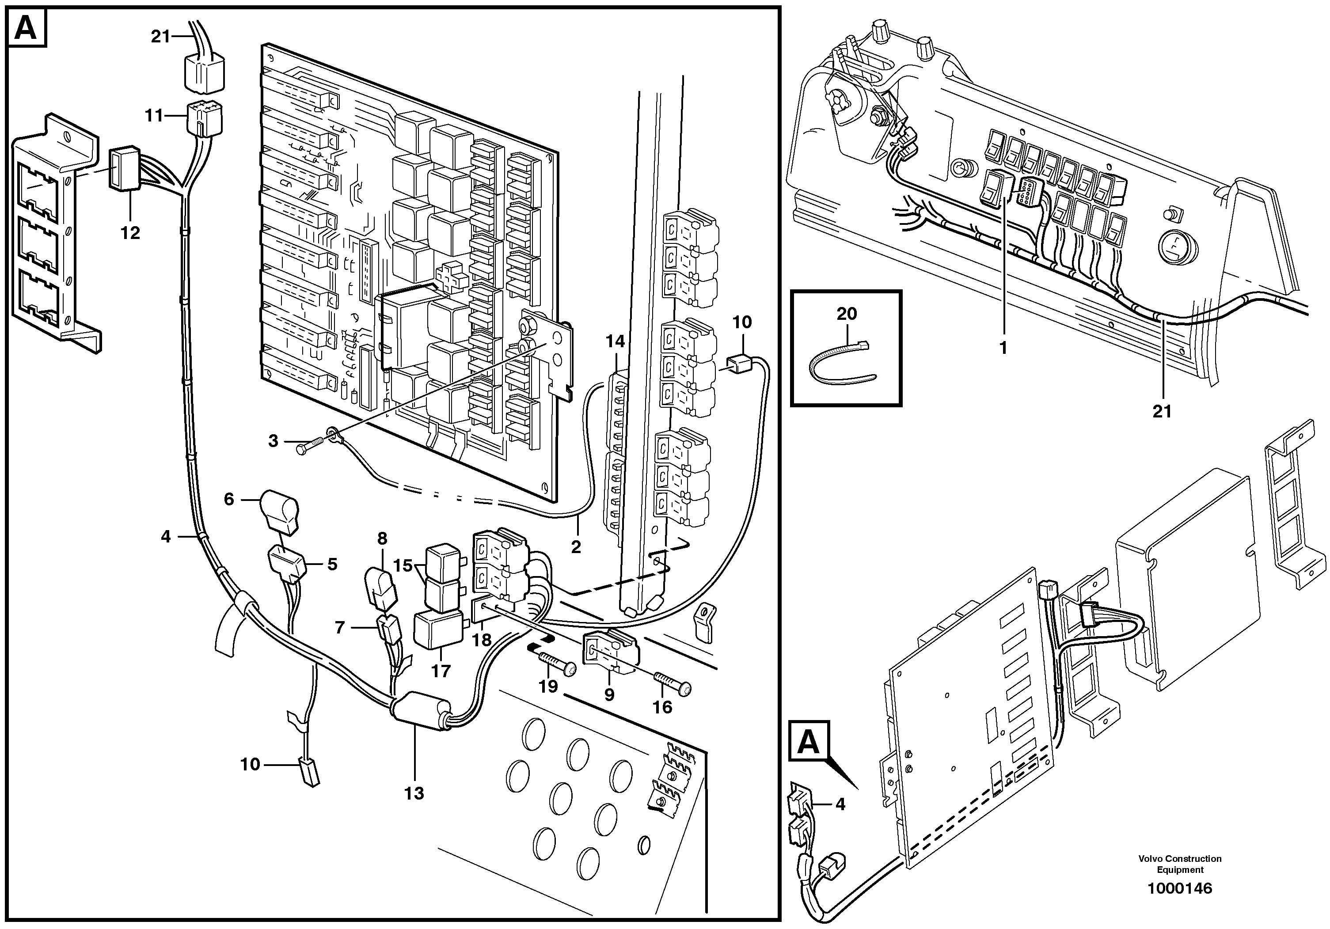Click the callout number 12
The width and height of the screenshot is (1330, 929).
tap(130, 233)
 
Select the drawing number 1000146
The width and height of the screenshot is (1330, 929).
tap(1179, 888)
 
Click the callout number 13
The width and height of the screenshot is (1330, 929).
tap(414, 793)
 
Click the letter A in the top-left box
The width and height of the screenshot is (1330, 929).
tap(27, 28)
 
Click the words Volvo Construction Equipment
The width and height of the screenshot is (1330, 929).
tap(1180, 864)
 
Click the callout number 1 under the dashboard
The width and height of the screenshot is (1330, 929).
tap(1003, 348)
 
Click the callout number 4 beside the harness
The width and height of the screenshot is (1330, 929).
tap(166, 537)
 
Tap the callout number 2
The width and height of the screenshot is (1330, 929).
tap(576, 547)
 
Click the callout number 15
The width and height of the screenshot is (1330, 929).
tap(403, 565)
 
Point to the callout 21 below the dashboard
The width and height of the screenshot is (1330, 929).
tap(1162, 412)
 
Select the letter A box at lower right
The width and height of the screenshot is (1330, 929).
tap(809, 741)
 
